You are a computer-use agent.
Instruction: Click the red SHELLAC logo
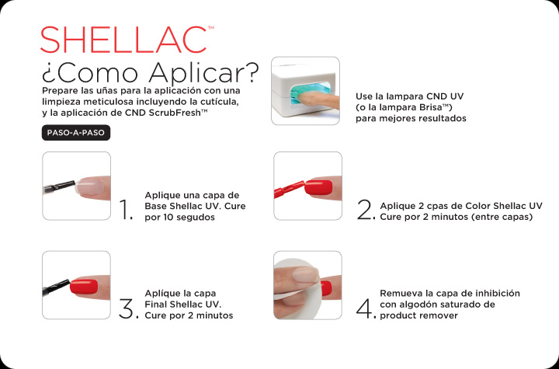click(124, 40)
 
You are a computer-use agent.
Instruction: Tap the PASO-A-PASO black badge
click(76, 133)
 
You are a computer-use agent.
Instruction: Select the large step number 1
click(127, 210)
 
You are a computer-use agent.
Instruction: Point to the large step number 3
click(128, 308)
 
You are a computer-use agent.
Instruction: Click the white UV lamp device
click(306, 91)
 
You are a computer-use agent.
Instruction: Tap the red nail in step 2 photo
click(318, 187)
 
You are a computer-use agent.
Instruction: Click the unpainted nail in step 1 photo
click(90, 186)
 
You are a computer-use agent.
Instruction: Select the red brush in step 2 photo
click(289, 190)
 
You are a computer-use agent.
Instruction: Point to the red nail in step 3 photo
click(84, 287)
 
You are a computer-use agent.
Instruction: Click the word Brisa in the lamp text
click(431, 107)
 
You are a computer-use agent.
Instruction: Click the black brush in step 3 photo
click(56, 288)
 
